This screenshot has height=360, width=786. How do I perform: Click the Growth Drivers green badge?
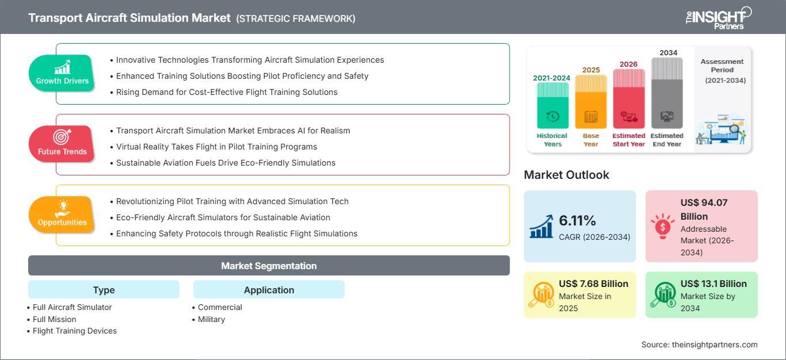pyautogui.click(x=62, y=73)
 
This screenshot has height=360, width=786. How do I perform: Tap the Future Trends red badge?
pyautogui.click(x=62, y=144)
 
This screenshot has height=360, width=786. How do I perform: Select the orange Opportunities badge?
pyautogui.click(x=62, y=215)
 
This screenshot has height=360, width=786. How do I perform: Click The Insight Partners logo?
pyautogui.click(x=719, y=18)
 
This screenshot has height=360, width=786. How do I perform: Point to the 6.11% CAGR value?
pyautogui.click(x=577, y=220)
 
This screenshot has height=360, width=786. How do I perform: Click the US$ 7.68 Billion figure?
pyautogui.click(x=593, y=284)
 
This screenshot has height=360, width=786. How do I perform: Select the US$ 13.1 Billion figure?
pyautogui.click(x=713, y=284)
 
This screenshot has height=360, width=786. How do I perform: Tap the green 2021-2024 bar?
pyautogui.click(x=552, y=105)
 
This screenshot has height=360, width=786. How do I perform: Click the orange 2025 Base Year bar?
pyautogui.click(x=591, y=102)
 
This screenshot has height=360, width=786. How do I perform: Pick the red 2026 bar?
pyautogui.click(x=629, y=98)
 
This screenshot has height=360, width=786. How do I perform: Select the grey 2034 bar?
pyautogui.click(x=667, y=93)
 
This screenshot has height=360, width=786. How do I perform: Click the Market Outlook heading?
pyautogui.click(x=566, y=175)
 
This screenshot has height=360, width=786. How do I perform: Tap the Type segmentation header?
pyautogui.click(x=104, y=289)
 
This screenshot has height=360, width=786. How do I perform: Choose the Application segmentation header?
pyautogui.click(x=269, y=289)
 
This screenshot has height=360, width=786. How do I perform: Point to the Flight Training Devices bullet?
pyautogui.click(x=72, y=331)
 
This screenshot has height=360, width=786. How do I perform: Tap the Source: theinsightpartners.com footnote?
pyautogui.click(x=699, y=344)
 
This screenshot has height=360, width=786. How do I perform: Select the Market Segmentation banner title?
pyautogui.click(x=269, y=266)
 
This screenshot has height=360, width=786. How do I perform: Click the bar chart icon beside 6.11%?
pyautogui.click(x=541, y=226)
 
